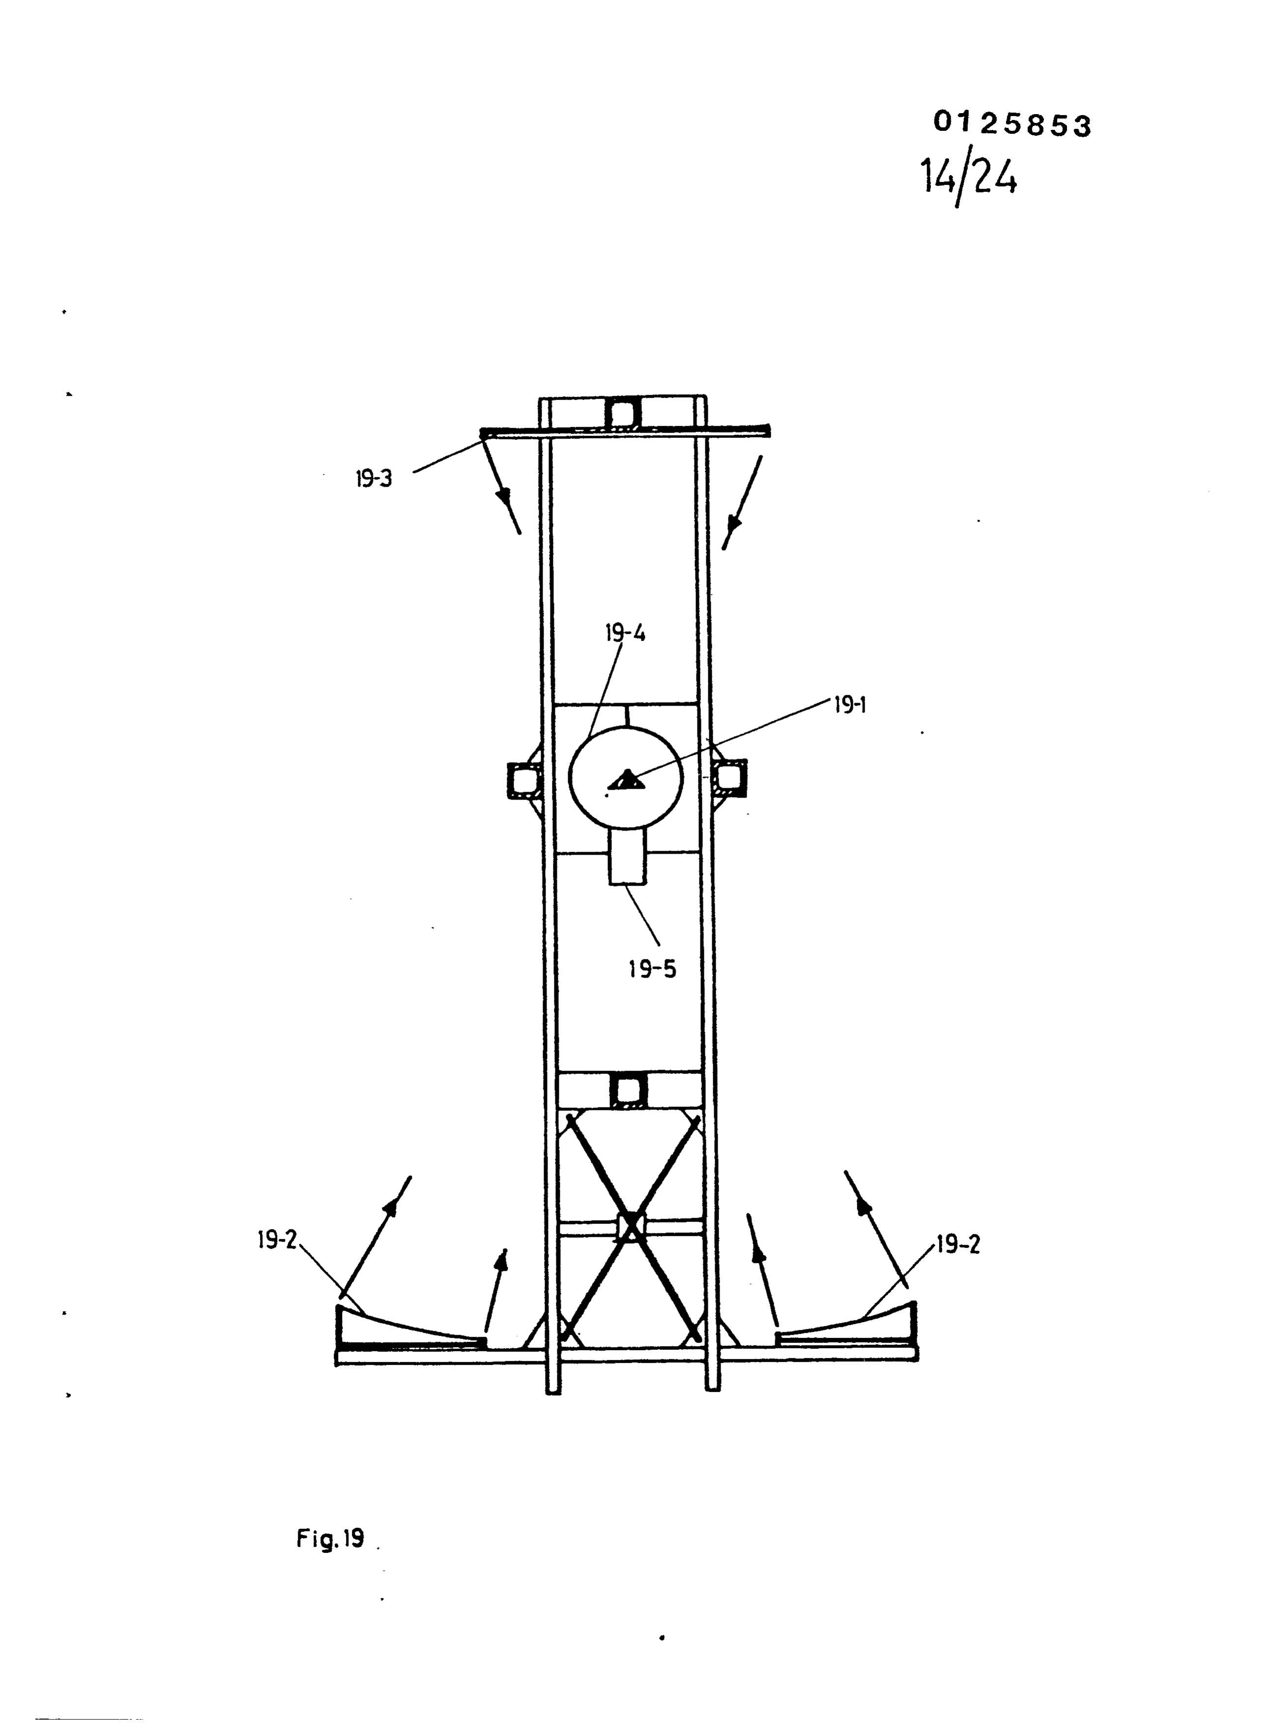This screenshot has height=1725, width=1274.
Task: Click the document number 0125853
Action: (1013, 123)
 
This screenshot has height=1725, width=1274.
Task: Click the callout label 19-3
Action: (374, 478)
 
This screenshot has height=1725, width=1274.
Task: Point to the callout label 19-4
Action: (625, 633)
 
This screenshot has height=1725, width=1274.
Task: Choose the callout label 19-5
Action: (652, 969)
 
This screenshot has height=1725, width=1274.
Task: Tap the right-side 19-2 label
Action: (958, 1245)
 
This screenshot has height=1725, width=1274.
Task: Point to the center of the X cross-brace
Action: (631, 1227)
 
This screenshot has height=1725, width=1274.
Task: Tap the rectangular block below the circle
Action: (629, 856)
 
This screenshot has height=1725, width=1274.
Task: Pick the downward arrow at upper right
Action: (742, 502)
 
